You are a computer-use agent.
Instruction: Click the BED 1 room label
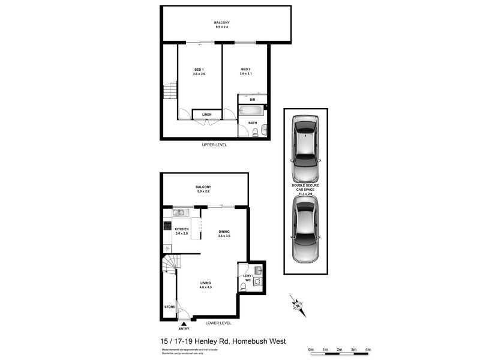pyautogui.click(x=199, y=70)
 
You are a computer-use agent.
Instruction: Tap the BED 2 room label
pyautogui.click(x=245, y=69)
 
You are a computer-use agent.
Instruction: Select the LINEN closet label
pyautogui.click(x=206, y=114)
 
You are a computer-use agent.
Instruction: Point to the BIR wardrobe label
pyautogui.click(x=253, y=100)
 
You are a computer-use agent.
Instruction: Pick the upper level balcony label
pyautogui.click(x=221, y=23)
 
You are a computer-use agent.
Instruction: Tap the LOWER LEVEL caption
pyautogui.click(x=218, y=323)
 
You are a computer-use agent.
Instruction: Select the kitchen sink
pyautogui.click(x=178, y=212)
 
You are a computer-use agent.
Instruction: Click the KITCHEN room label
pyautogui.click(x=182, y=229)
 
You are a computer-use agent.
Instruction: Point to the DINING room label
pyautogui.click(x=224, y=232)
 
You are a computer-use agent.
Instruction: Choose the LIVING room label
pyautogui.click(x=205, y=283)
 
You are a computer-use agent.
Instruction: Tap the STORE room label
pyautogui.click(x=169, y=307)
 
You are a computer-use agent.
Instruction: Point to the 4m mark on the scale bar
pyautogui.click(x=368, y=349)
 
